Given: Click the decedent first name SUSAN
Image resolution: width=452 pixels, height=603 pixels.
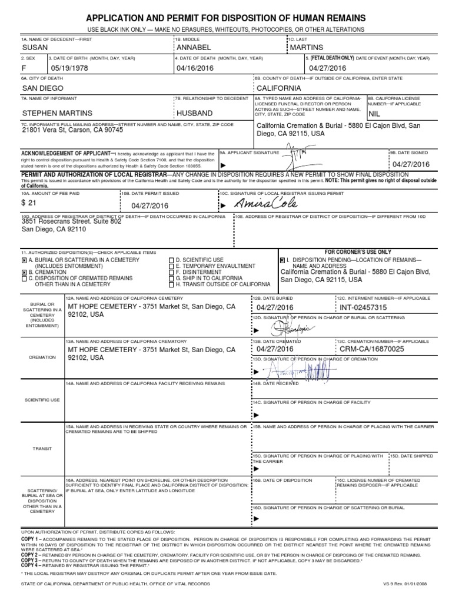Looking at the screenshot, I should point(35,47).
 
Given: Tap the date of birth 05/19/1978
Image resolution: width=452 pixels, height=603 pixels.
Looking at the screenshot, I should point(71,68).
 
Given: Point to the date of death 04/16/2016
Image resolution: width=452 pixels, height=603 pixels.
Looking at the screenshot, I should point(193,68).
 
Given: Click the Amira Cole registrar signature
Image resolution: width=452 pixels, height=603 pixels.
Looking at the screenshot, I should point(267,203).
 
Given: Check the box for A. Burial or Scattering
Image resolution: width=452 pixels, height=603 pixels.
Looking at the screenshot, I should point(24,260).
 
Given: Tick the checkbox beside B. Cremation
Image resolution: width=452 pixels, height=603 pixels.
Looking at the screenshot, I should point(24,273).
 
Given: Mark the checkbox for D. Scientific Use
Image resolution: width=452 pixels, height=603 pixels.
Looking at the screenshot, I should point(171,260).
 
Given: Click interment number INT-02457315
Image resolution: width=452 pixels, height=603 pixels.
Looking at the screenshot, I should point(364,307).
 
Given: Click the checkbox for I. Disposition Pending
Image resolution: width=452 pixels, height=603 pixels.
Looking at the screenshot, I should point(282,260).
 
